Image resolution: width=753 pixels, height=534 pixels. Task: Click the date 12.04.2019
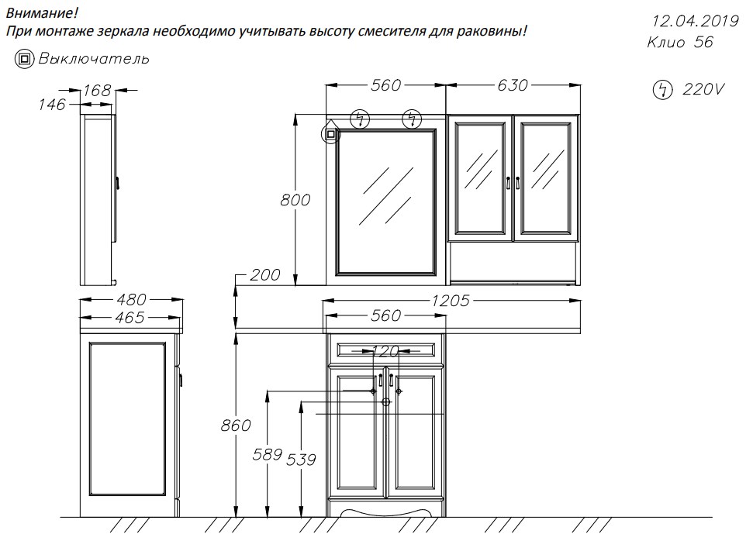tap(695, 21)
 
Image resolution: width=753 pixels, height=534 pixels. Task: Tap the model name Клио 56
tap(680, 42)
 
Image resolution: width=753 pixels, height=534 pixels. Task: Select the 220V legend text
tap(703, 89)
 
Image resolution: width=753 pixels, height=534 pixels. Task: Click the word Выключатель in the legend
tap(94, 59)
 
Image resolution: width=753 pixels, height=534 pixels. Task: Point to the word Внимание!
tap(42, 12)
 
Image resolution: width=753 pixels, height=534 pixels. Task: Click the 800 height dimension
tap(295, 200)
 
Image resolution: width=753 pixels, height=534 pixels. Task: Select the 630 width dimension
tap(513, 85)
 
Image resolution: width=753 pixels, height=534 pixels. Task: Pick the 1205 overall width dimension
tap(450, 301)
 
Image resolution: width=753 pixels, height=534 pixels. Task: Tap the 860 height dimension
tap(236, 425)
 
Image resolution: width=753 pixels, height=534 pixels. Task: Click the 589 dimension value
tap(267, 454)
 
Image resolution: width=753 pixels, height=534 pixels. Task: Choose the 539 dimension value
tap(301, 460)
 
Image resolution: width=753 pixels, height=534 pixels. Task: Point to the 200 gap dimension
tap(264, 275)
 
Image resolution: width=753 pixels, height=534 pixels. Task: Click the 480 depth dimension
tap(130, 300)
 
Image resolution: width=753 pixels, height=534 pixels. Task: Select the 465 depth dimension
tap(130, 317)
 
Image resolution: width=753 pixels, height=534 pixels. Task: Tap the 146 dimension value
tap(52, 104)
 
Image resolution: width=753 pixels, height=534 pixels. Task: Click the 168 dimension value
tap(97, 90)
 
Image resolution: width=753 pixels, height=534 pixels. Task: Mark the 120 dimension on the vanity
tap(385, 351)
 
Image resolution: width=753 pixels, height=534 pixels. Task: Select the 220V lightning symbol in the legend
tap(663, 90)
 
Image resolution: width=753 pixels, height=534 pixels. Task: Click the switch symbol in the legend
tap(24, 59)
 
